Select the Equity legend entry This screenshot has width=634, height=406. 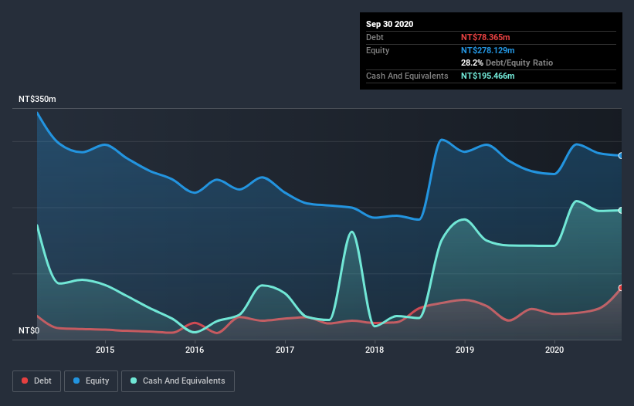point(91,381)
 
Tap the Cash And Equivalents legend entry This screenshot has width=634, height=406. point(177,381)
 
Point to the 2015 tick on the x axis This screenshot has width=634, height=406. point(105,350)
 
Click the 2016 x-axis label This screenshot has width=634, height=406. point(195,350)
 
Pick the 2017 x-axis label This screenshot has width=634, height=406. point(285,350)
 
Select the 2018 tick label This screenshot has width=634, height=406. point(375,350)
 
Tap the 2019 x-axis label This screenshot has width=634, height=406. point(465,350)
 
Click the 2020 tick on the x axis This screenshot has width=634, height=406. point(554,350)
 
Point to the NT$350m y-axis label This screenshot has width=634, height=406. point(38,100)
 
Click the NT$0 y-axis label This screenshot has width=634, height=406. point(29,330)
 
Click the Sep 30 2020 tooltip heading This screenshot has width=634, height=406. point(389,24)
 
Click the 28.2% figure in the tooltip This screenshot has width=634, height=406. point(473,63)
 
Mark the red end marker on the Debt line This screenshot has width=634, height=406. point(620,288)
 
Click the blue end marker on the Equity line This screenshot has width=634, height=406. point(620,156)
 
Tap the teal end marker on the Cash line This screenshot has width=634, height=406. point(620,211)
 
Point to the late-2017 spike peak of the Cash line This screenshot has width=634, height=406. point(352,232)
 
